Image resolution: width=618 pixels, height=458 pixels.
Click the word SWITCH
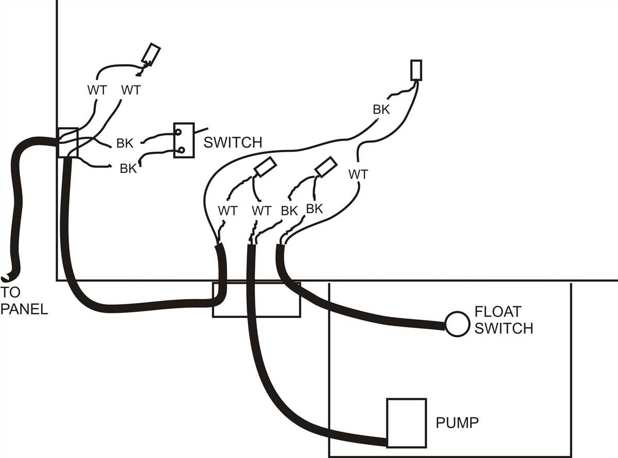click(x=233, y=142)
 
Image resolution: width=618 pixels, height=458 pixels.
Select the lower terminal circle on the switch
click(x=181, y=150)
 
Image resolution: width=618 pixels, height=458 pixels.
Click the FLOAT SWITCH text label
click(x=503, y=320)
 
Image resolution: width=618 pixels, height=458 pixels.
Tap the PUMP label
click(x=457, y=423)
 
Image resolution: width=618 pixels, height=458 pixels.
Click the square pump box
click(x=406, y=422)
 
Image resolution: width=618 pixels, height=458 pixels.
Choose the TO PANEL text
click(x=24, y=301)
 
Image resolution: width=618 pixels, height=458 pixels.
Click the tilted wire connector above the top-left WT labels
click(x=151, y=53)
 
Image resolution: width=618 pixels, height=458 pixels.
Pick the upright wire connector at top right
click(x=416, y=70)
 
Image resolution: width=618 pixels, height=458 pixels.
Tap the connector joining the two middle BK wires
click(x=325, y=166)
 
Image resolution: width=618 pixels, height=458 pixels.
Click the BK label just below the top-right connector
click(x=381, y=110)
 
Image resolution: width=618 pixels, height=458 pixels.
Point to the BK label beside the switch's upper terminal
click(x=125, y=144)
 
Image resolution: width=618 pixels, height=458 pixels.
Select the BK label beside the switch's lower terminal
click(x=128, y=168)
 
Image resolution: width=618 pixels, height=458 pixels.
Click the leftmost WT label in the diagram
click(x=97, y=90)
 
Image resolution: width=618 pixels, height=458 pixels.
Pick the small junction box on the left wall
click(x=67, y=143)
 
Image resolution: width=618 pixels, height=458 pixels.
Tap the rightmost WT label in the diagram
click(x=358, y=174)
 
